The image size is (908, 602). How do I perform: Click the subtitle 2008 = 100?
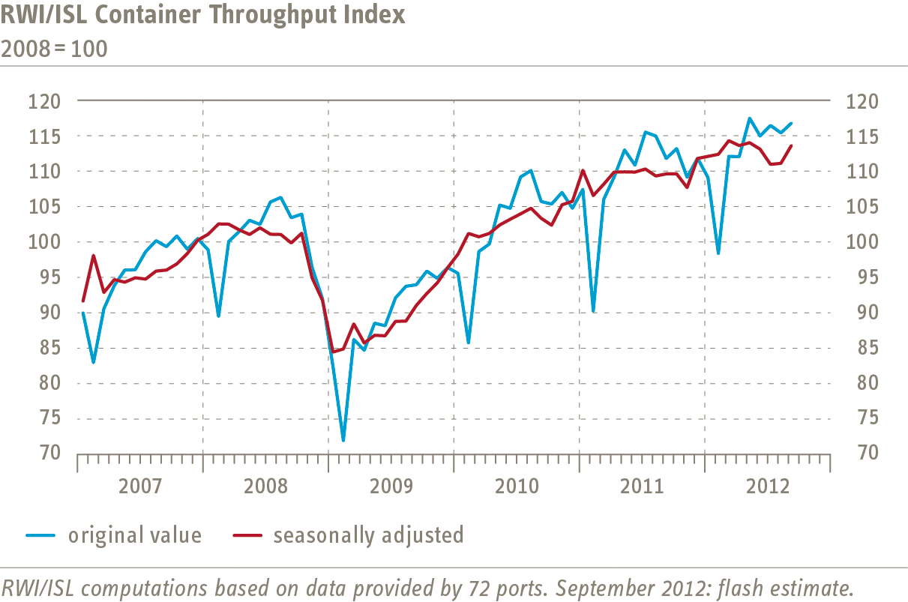[54, 49]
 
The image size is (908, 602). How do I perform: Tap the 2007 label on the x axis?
[140, 487]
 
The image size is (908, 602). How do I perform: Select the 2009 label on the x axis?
[391, 487]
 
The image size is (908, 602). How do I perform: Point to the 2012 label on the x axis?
[766, 487]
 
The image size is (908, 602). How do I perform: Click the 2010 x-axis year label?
[517, 487]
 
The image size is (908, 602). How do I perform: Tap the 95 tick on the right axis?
[859, 277]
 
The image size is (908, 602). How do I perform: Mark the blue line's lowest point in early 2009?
[343, 440]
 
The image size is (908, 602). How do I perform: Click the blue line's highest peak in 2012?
[749, 118]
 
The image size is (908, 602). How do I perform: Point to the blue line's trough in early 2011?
[593, 311]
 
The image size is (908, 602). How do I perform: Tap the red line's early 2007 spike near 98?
[93, 256]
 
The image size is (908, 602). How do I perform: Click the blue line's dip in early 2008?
[218, 316]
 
